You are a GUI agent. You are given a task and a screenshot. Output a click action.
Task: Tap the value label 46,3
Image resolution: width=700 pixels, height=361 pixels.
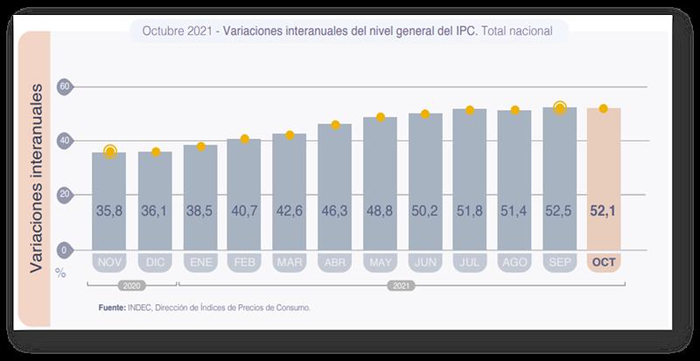(334, 211)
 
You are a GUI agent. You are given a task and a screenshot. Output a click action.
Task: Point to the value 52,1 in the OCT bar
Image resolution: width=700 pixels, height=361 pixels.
(604, 211)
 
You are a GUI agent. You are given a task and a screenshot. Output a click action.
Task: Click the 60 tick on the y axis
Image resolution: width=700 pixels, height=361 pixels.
(63, 87)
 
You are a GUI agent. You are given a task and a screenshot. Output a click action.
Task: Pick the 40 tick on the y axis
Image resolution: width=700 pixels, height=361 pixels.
(63, 141)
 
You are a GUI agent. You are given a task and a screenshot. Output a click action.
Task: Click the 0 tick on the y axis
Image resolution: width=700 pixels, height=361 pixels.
(63, 249)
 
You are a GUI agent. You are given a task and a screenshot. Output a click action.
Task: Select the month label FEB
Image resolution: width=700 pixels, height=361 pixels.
(244, 262)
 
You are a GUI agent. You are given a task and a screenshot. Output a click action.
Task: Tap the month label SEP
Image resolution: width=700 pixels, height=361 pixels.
(559, 262)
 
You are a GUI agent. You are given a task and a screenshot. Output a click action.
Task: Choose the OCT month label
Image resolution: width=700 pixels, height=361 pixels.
(604, 262)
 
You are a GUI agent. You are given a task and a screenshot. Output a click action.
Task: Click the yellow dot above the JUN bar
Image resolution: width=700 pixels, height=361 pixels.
(424, 114)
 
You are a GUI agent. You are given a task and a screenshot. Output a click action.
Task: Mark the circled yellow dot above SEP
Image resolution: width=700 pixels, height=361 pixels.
(560, 108)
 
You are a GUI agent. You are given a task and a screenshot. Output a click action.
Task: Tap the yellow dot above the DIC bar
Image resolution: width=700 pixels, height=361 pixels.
(156, 152)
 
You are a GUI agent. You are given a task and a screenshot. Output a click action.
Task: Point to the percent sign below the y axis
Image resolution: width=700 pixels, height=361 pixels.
(60, 272)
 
